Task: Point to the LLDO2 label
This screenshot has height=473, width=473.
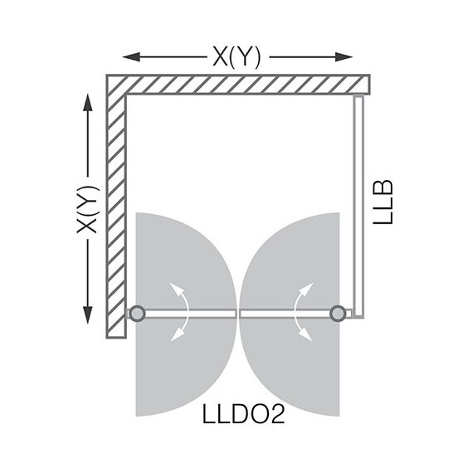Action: tap(243, 412)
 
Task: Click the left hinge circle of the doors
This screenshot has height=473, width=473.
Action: tap(137, 313)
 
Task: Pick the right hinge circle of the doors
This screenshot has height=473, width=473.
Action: tap(338, 313)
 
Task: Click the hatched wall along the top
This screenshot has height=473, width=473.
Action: tap(241, 84)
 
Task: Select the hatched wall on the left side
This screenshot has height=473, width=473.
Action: tap(115, 207)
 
